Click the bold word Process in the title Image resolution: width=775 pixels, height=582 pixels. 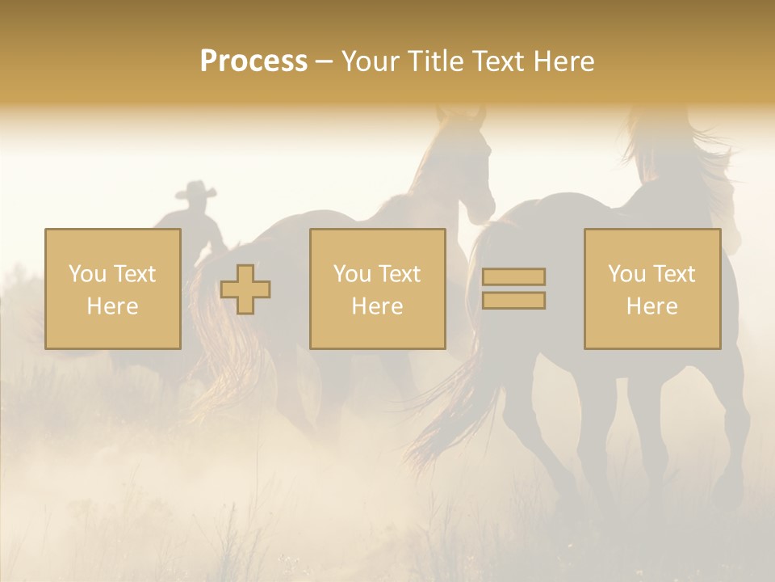click(253, 61)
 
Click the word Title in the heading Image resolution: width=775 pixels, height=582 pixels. click(437, 61)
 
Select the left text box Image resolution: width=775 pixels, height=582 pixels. click(112, 289)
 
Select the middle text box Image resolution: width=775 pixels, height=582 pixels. click(377, 289)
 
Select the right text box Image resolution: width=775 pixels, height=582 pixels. click(651, 289)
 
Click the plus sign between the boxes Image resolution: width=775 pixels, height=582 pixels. click(245, 289)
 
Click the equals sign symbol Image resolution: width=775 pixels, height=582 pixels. click(513, 289)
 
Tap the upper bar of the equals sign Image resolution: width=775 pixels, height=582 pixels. click(513, 276)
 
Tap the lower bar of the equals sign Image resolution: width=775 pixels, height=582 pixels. click(513, 301)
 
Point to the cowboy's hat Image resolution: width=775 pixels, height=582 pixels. click(196, 191)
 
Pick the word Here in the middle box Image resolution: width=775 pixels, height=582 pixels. click(377, 306)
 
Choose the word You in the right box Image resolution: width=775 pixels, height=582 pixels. click(627, 274)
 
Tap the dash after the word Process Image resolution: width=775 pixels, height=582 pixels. click(322, 61)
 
